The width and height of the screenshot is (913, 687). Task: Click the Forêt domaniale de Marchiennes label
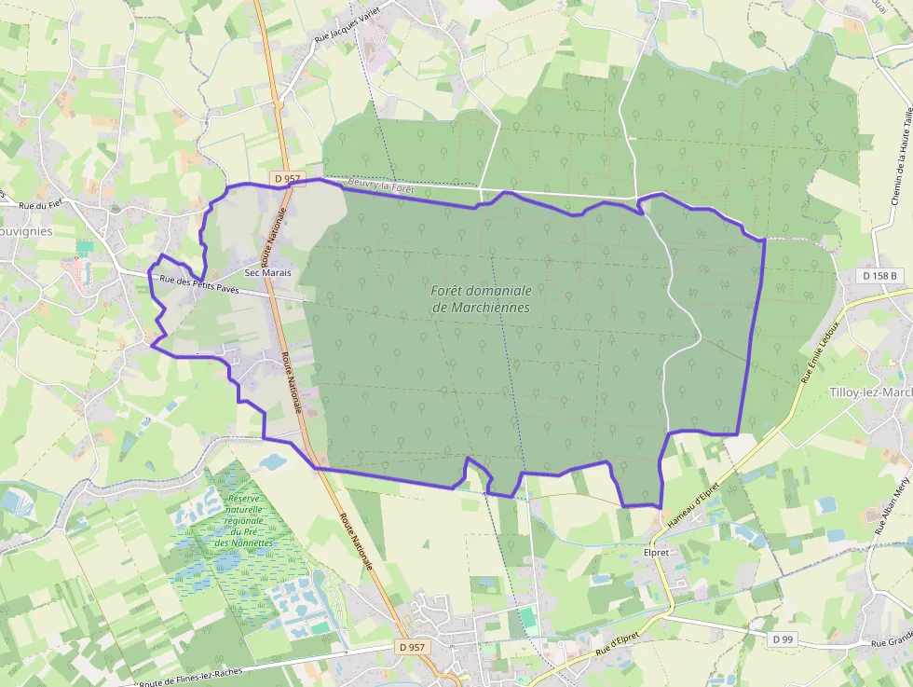481,298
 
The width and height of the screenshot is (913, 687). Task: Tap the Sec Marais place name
267,273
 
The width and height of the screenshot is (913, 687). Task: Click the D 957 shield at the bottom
412,646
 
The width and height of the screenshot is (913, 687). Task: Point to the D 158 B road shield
880,276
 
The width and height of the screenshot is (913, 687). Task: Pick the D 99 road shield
783,639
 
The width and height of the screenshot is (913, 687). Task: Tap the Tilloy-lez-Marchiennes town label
870,392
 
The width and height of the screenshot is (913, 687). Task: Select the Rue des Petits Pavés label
198,284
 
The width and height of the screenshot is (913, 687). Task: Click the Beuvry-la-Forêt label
379,185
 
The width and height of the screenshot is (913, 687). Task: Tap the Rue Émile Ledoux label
820,352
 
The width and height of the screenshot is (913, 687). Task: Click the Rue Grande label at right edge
891,642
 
